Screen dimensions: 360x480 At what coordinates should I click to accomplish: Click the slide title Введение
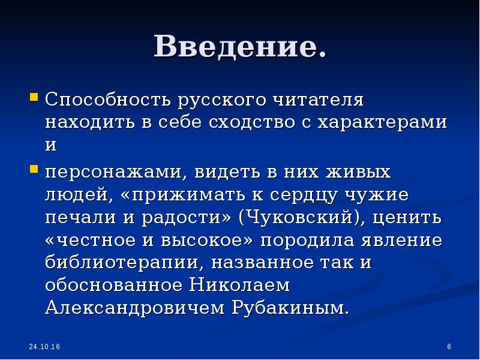click(x=240, y=47)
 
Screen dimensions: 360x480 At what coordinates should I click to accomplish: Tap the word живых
click(x=356, y=173)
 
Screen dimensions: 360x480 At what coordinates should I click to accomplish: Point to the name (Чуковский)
click(x=299, y=218)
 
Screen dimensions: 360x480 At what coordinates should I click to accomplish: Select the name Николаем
click(x=240, y=286)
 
